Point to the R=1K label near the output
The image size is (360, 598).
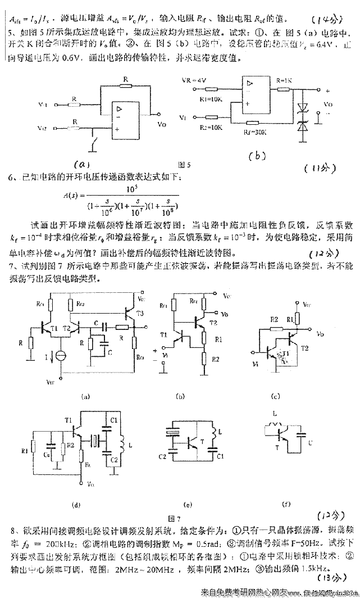coord(284,80)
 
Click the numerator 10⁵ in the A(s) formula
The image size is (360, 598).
coord(133,188)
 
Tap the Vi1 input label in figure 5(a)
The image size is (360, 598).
coord(43,105)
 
